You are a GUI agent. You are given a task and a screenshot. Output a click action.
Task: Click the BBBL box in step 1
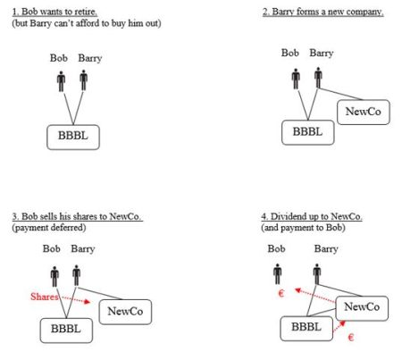(x=73, y=138)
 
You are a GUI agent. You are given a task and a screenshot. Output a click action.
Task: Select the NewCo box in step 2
(x=364, y=112)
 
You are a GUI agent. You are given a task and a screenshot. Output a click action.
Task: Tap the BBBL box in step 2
(x=308, y=132)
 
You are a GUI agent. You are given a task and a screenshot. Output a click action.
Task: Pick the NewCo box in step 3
(x=125, y=312)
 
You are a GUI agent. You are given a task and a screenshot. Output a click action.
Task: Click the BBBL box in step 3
(x=66, y=331)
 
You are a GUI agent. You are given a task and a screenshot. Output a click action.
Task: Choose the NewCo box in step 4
(x=362, y=308)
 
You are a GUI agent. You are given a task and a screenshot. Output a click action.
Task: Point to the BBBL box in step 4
(x=306, y=329)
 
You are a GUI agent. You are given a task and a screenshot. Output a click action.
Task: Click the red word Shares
(x=44, y=297)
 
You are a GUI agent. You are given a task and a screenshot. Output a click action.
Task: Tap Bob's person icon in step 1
(x=62, y=81)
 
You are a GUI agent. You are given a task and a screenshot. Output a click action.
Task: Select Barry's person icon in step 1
(x=84, y=80)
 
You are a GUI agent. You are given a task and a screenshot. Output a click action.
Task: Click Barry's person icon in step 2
(x=318, y=78)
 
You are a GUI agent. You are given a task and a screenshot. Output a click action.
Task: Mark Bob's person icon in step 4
(x=278, y=274)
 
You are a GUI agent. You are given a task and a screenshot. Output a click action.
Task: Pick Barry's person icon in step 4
(x=317, y=274)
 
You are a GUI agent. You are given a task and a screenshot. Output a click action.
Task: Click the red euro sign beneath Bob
(x=281, y=294)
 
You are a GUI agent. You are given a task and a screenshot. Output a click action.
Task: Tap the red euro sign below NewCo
(x=351, y=338)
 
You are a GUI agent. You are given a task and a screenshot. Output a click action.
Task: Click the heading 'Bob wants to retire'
(x=54, y=12)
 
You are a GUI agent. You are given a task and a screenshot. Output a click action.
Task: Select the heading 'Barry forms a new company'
(x=322, y=12)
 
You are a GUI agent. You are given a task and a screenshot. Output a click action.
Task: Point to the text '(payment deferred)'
(x=49, y=228)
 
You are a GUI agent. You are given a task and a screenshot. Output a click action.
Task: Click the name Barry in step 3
(x=83, y=248)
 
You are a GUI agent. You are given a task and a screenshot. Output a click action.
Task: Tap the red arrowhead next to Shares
(x=87, y=302)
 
